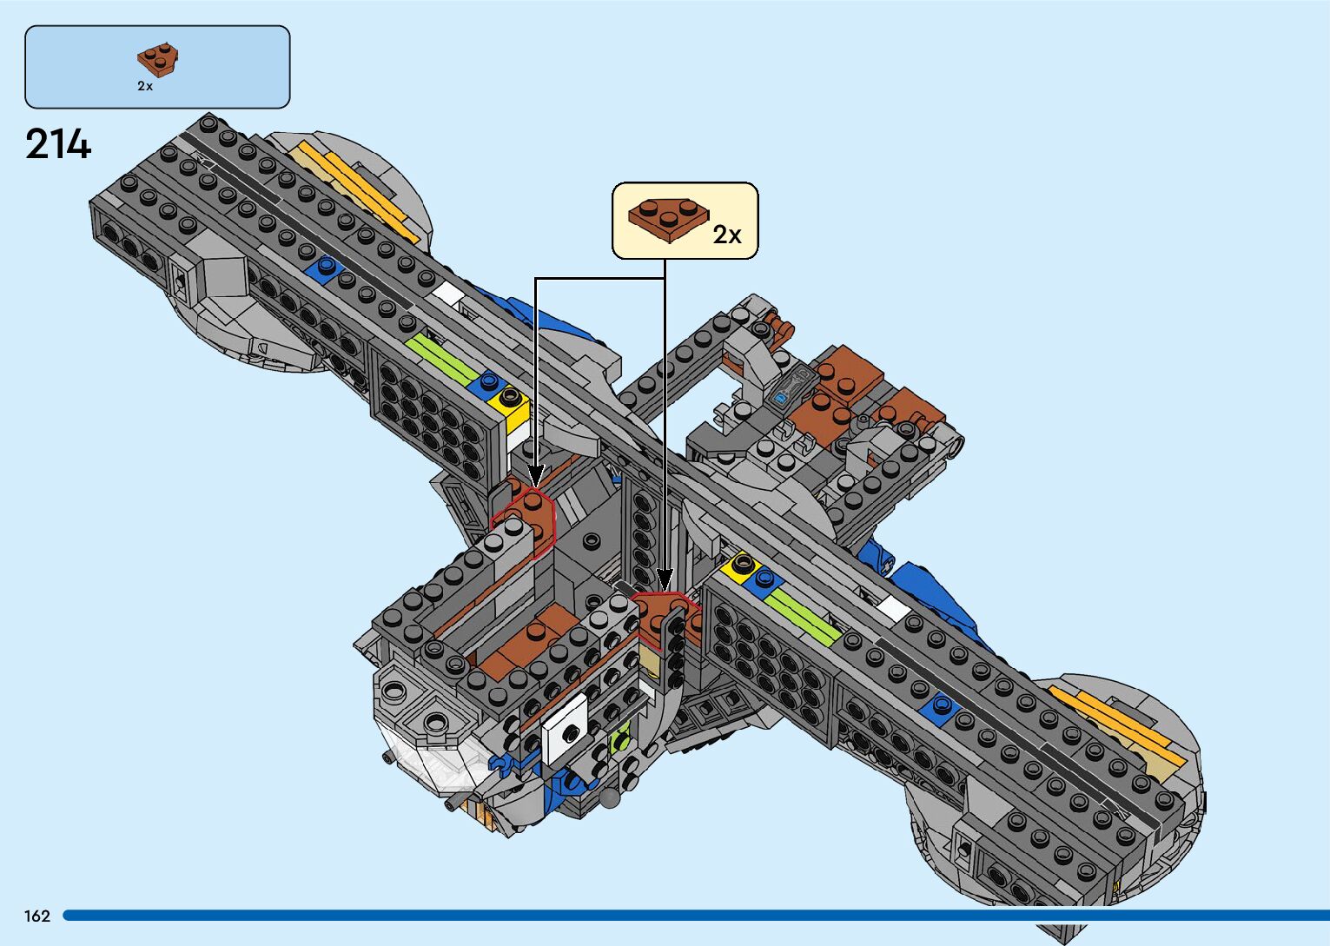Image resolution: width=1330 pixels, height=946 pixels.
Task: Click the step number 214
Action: coord(58,144)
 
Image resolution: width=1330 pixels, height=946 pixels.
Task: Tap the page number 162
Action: coord(37,916)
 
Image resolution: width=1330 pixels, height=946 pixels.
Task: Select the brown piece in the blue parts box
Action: coord(157,59)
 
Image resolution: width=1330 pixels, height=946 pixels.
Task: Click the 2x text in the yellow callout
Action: coord(727,235)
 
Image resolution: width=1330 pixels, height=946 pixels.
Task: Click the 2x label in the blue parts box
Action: coord(145,86)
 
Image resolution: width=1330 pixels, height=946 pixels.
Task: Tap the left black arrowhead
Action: coord(535,475)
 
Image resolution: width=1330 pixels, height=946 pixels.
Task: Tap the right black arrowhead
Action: coord(665,579)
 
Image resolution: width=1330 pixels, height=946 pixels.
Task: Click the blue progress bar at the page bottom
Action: coord(695,916)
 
